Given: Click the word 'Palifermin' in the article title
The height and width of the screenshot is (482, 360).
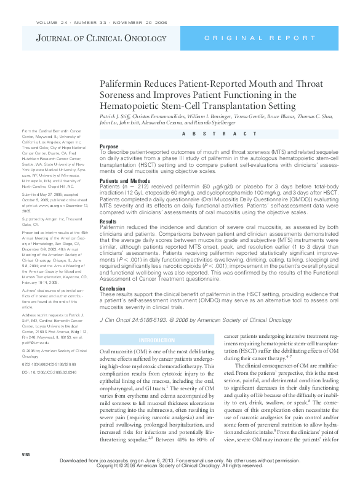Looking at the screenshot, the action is point(121,84).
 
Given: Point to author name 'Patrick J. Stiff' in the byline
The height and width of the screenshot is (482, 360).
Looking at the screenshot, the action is point(117,117).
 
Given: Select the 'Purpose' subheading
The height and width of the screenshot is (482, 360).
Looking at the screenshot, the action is point(110,147).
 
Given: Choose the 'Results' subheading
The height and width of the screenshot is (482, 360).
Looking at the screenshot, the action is point(108,220).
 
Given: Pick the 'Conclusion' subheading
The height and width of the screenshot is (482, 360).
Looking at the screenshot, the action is point(113,287).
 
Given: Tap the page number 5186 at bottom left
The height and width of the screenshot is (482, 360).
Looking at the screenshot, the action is point(26,471).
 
